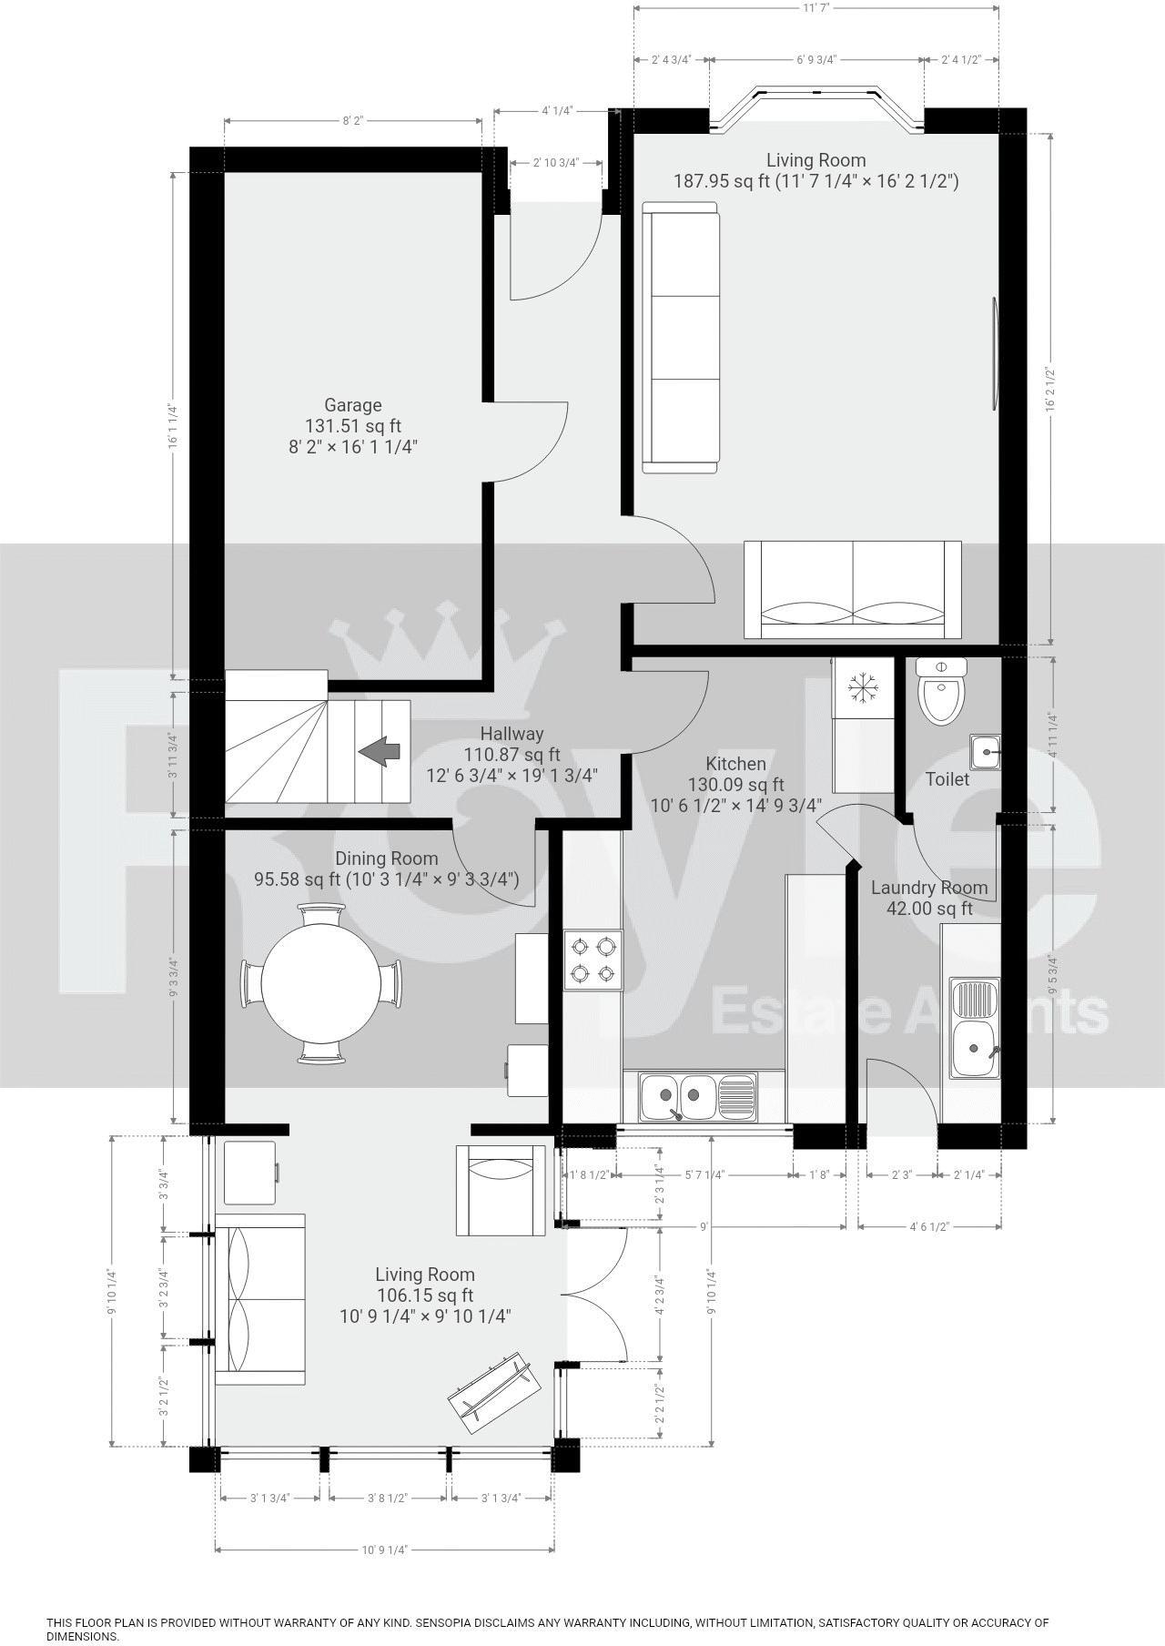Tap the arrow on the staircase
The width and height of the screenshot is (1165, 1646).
click(380, 752)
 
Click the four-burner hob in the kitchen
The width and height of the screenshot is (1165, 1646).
click(593, 960)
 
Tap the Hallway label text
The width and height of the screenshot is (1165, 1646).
click(512, 734)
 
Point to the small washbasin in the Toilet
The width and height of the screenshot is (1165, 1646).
click(985, 752)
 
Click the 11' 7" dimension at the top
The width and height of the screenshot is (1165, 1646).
click(815, 8)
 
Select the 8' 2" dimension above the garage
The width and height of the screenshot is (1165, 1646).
click(353, 120)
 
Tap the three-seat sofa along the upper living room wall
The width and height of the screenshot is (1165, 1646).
click(680, 338)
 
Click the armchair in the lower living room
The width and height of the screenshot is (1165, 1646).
click(501, 1189)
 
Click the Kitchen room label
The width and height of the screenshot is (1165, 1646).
click(735, 764)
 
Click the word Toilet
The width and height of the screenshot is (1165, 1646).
click(947, 779)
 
